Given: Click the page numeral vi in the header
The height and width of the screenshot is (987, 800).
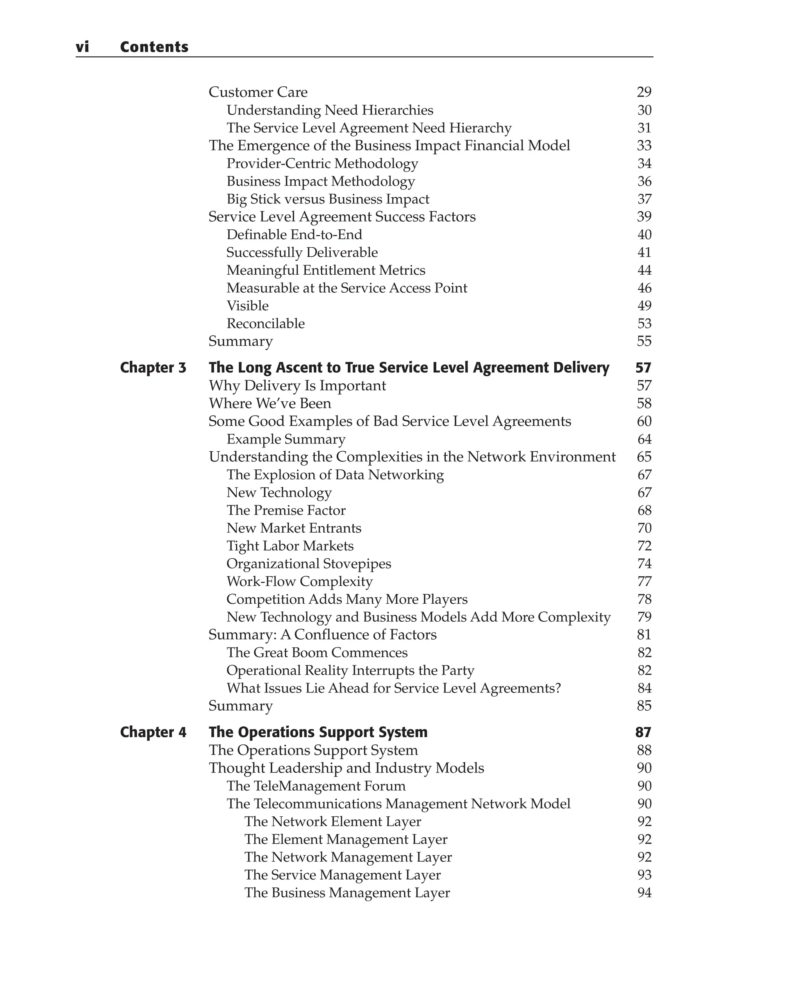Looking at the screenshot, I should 82,47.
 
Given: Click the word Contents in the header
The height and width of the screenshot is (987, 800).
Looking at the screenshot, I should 154,47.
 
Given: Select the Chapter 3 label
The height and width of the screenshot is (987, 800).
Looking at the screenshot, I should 153,367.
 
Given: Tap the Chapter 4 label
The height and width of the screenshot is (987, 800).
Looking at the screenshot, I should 153,732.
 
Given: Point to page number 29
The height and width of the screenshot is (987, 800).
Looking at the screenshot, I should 644,92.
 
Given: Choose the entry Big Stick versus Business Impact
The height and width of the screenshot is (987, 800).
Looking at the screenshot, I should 328,199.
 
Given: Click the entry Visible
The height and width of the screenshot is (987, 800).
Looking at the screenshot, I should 248,306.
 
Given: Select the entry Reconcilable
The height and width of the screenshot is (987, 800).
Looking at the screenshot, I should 266,323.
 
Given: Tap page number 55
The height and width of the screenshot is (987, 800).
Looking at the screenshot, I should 644,341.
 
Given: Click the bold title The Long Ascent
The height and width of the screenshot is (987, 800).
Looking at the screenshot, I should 409,367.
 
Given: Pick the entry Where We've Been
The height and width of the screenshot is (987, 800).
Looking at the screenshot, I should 270,403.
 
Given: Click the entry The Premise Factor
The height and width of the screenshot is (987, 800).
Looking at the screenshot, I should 286,510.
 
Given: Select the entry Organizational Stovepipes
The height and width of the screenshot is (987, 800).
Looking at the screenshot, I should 309,563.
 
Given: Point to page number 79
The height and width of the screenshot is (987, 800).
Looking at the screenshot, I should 644,617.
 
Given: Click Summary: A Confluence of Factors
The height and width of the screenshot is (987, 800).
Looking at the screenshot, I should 322,635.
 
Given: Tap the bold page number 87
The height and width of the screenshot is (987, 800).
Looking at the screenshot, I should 643,732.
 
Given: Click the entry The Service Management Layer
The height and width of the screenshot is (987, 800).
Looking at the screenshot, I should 343,875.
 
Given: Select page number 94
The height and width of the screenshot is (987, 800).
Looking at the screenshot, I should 644,893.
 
